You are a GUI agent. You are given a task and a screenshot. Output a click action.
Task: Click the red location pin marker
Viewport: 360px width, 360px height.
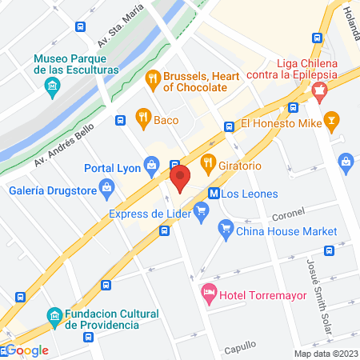pos(179,177)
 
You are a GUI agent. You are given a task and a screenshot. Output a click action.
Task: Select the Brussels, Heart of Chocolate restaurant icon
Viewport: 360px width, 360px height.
pos(152,79)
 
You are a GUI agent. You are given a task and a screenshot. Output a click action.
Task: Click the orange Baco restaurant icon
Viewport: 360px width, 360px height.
pos(143,118)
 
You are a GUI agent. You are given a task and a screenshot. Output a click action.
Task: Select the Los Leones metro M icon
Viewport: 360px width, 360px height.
pos(214,193)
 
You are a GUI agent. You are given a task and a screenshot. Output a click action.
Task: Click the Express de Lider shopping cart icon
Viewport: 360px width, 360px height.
pos(202,212)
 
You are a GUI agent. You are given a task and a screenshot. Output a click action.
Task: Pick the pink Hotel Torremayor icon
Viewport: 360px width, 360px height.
pos(208,294)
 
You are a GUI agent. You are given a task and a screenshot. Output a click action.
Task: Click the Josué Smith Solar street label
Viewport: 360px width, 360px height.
pos(318,279)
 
